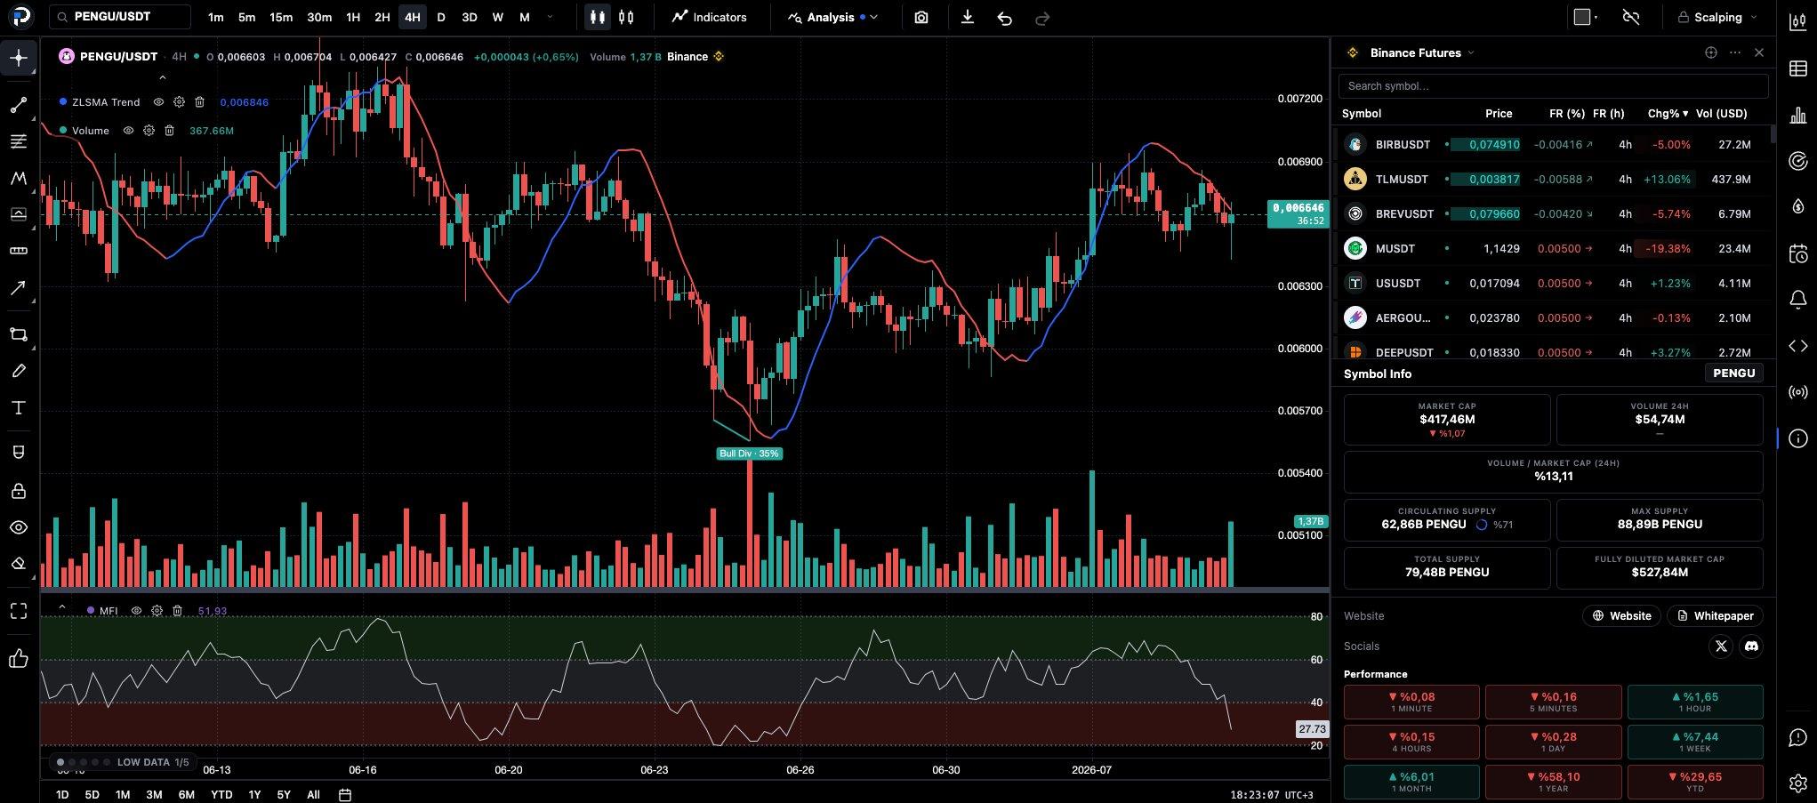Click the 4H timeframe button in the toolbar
[x=412, y=17]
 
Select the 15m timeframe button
[x=281, y=17]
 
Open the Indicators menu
[x=710, y=17]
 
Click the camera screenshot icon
[x=921, y=17]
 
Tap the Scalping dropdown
[x=1717, y=17]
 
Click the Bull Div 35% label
[x=749, y=454]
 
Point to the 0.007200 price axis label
[x=1299, y=99]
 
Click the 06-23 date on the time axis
[x=654, y=770]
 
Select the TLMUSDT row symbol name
[x=1402, y=179]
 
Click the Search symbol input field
[x=1553, y=86]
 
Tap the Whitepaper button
[x=1715, y=615]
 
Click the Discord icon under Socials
[x=1751, y=646]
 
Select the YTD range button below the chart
[x=221, y=794]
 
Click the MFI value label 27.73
[x=1312, y=729]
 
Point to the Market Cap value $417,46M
[x=1447, y=419]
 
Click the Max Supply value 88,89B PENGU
[x=1660, y=525]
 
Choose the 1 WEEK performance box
[x=1695, y=742]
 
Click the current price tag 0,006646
[x=1298, y=213]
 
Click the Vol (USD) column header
[x=1721, y=114]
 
